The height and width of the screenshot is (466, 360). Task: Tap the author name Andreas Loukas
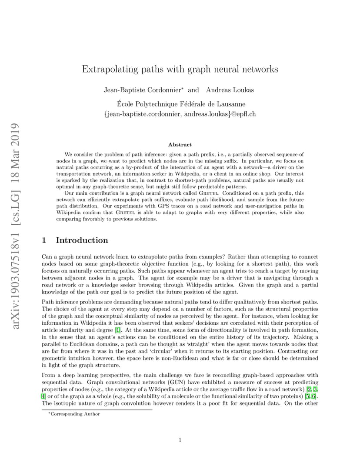[x=230, y=90]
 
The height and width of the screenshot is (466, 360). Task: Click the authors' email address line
[x=180, y=114]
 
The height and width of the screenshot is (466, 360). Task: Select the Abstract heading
[x=180, y=145]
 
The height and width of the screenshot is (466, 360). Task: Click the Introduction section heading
[x=82, y=240]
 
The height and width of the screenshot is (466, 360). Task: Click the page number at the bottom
[x=180, y=440]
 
